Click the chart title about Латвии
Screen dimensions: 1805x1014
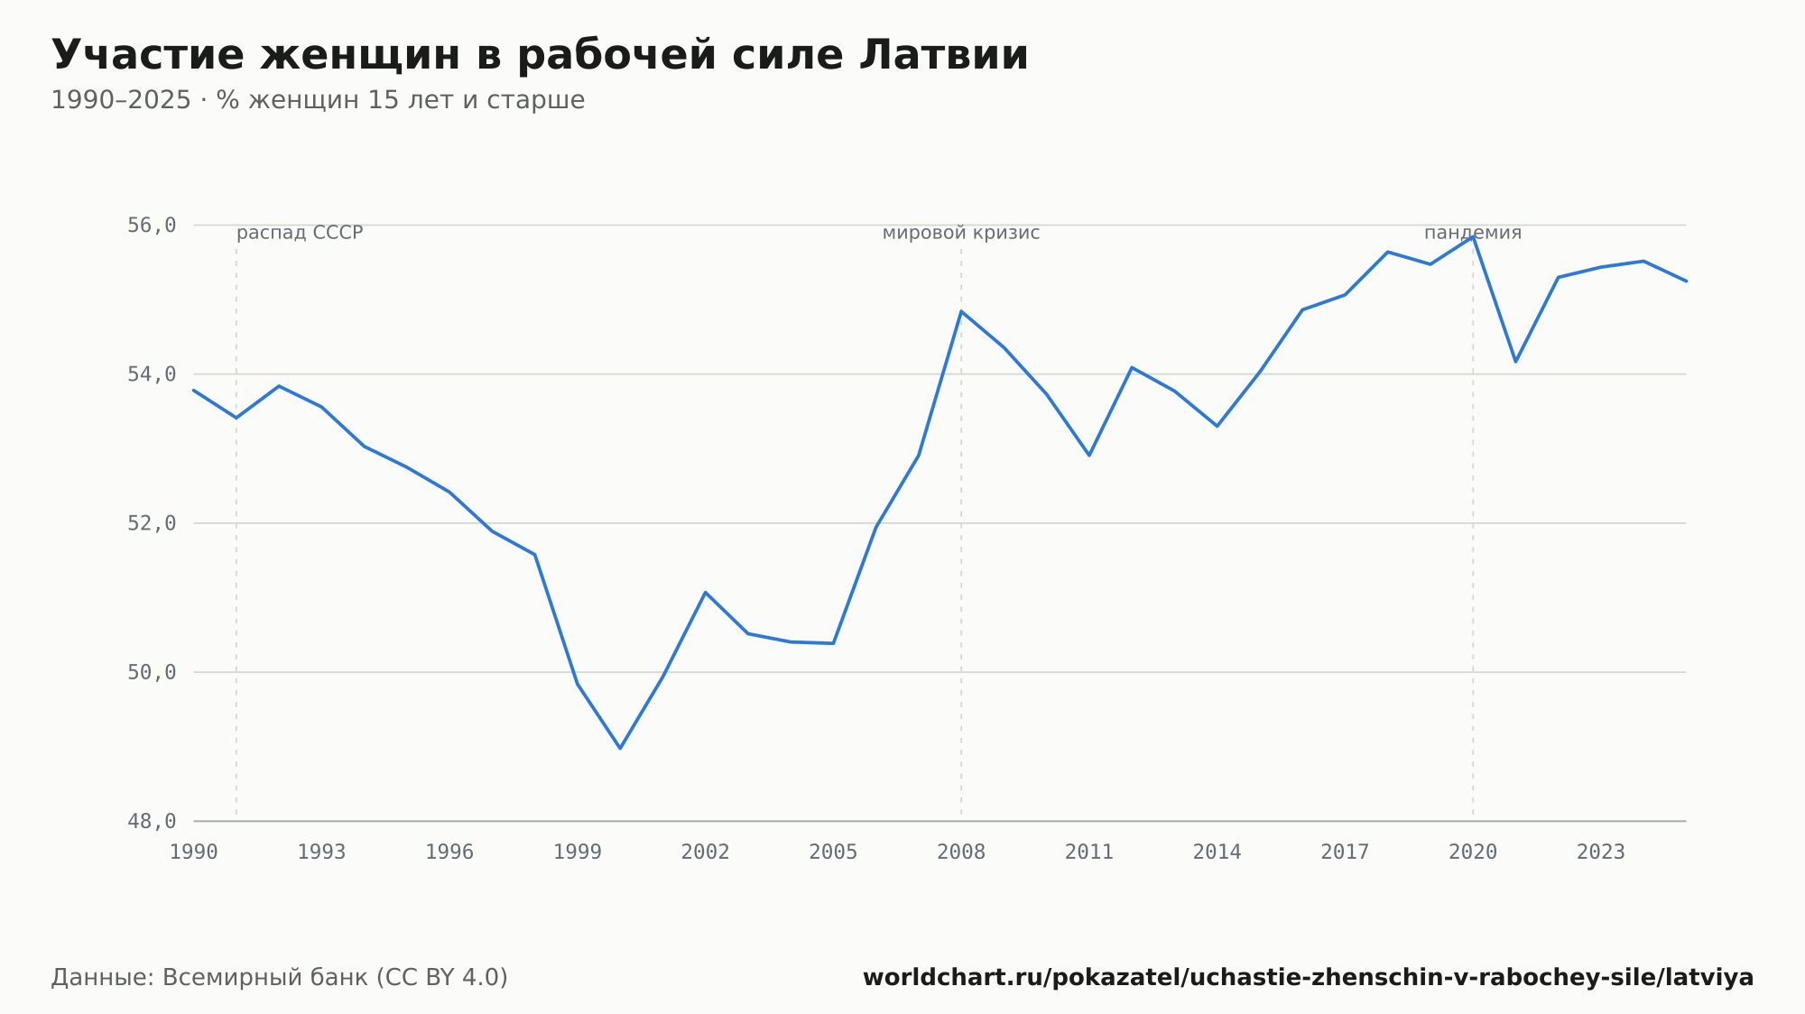point(540,55)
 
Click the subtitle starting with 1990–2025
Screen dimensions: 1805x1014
point(318,100)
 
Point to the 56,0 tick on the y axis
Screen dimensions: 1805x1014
point(152,225)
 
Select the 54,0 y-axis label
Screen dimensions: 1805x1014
point(152,373)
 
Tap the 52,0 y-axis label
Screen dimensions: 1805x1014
point(152,523)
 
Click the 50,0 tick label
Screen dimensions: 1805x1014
point(152,672)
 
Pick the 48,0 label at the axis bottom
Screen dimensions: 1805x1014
point(152,821)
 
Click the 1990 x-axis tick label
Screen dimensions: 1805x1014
point(194,853)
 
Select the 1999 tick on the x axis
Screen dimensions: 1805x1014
point(578,853)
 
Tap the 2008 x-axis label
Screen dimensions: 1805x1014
point(961,853)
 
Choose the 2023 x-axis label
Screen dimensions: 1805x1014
point(1601,853)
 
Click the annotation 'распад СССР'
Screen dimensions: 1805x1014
point(300,233)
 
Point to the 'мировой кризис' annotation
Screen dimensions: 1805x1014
point(961,233)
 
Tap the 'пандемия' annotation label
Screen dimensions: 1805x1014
point(1473,233)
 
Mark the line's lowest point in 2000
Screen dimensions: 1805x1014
point(620,748)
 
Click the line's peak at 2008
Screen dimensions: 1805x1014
point(961,311)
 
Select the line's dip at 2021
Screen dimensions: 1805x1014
point(1515,362)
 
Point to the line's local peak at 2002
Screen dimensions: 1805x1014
point(705,593)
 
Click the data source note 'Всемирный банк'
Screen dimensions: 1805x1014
point(280,978)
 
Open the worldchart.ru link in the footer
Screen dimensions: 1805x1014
point(1309,978)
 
